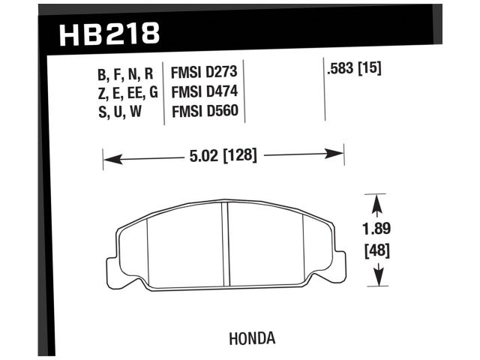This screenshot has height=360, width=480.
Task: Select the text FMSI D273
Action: point(204,74)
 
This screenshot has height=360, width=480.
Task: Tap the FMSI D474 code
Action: point(204,93)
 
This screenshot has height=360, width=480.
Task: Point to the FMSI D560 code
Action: point(204,112)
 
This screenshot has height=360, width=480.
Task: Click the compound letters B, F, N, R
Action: point(125,74)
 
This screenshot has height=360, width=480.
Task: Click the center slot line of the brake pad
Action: point(226,244)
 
